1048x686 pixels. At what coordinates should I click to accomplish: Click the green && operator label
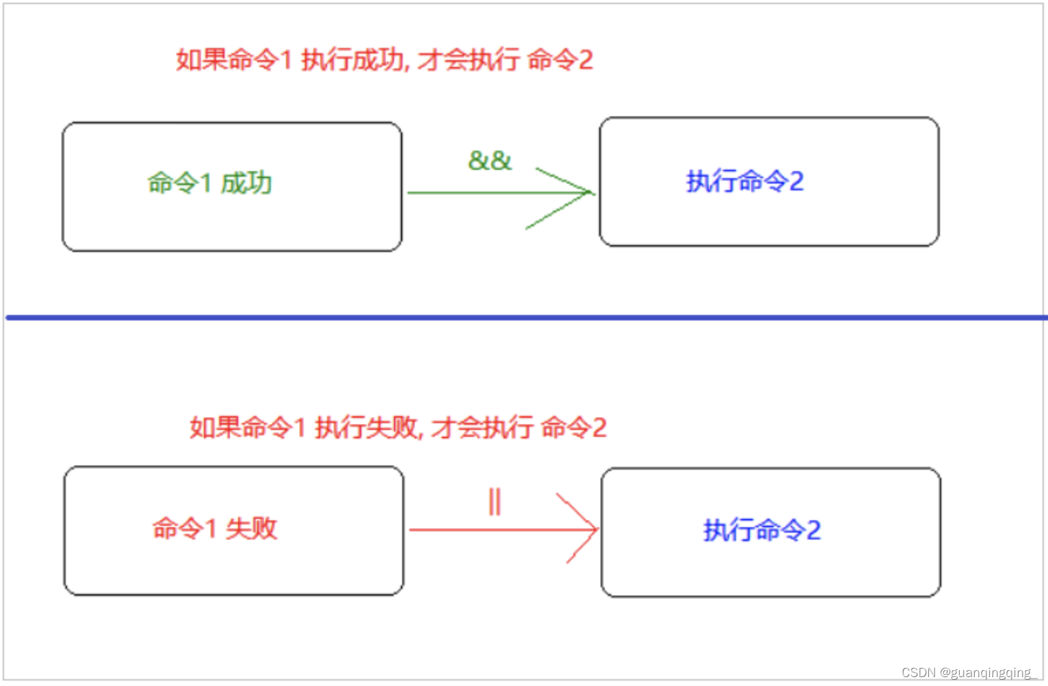click(490, 161)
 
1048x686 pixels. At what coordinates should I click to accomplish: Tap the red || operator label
click(495, 502)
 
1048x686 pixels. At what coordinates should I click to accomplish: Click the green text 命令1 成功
click(209, 183)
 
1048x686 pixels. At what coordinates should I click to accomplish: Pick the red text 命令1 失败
click(214, 528)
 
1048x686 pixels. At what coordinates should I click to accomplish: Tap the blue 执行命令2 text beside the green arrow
click(744, 181)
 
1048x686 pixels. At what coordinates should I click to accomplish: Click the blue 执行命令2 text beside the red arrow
click(761, 530)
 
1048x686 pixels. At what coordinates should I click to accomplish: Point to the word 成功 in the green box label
click(246, 183)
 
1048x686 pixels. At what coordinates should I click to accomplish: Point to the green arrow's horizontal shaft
click(479, 193)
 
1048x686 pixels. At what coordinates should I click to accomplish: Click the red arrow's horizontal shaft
click(486, 529)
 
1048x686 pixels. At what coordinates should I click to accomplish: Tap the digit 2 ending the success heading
click(586, 60)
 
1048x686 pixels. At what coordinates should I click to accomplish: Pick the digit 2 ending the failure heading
click(599, 428)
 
